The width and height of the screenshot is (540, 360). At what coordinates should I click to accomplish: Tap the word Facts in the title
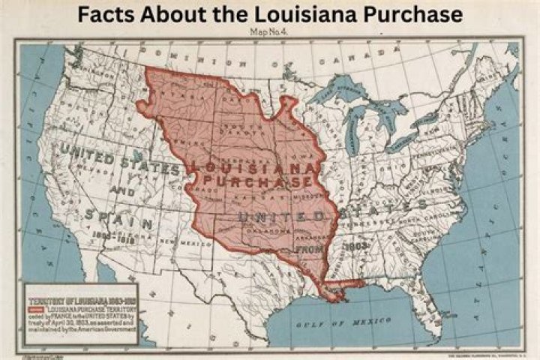107,14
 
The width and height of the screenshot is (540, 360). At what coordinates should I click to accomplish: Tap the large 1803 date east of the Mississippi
353,245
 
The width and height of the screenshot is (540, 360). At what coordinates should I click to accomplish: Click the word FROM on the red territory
308,247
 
